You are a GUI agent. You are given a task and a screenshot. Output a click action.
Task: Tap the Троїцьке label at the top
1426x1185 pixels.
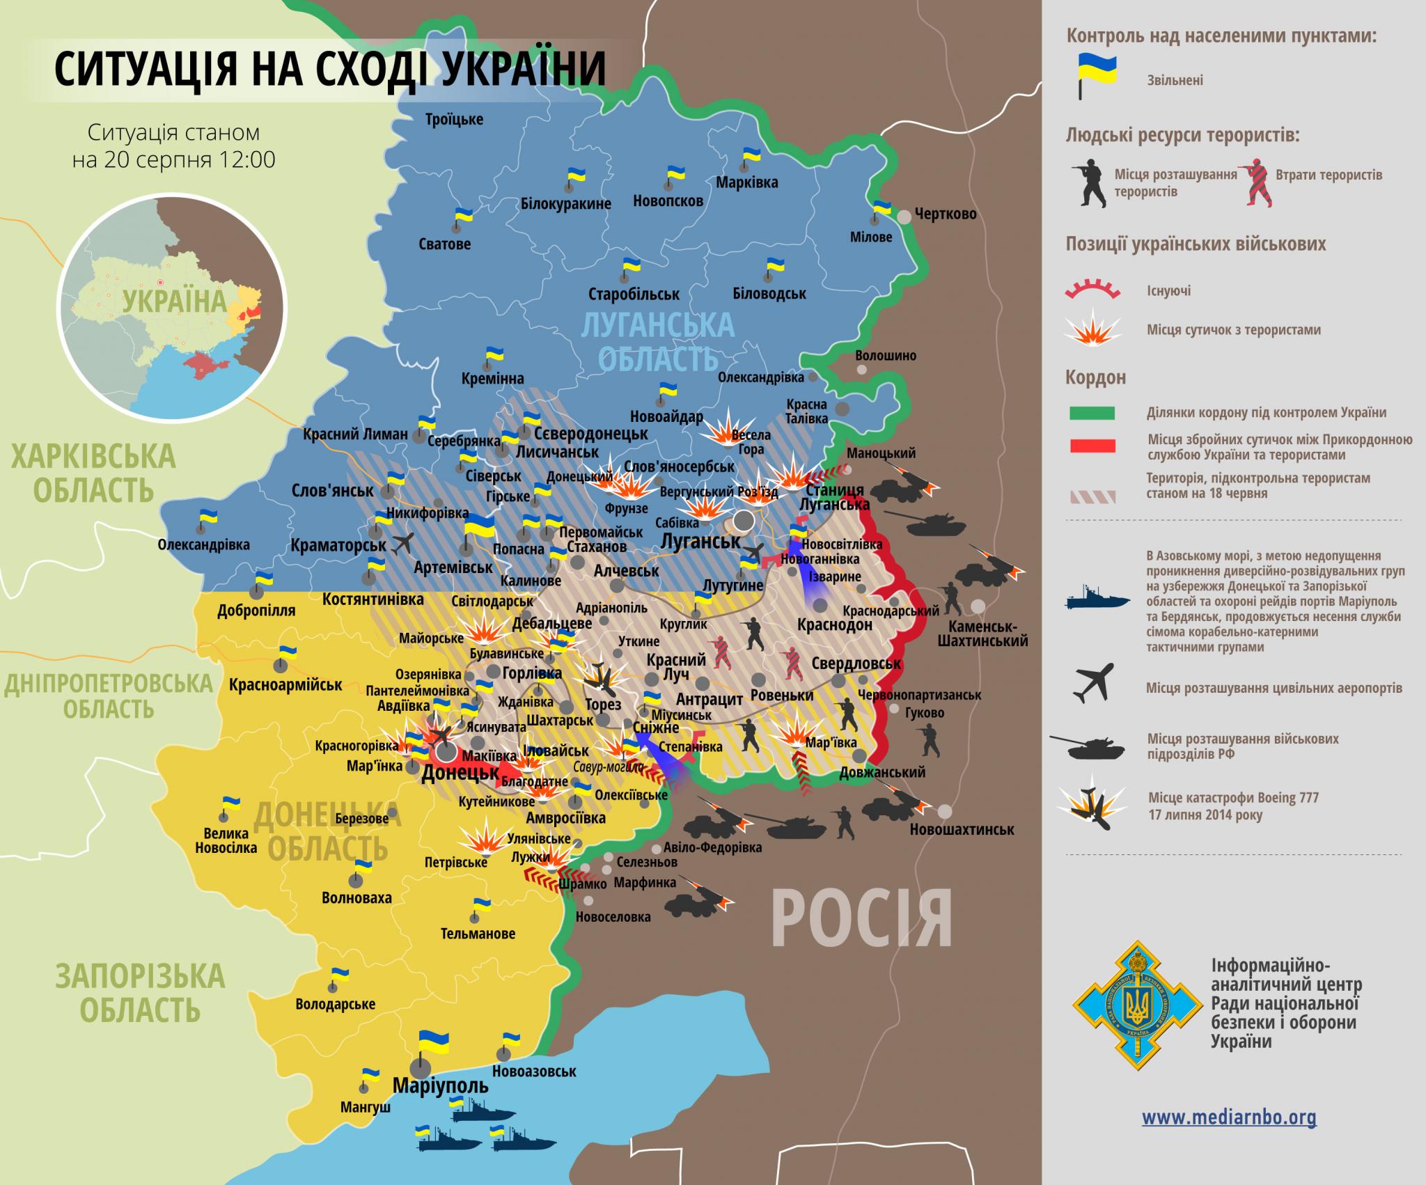tap(454, 119)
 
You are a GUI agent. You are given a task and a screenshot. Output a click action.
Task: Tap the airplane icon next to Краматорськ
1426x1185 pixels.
tap(402, 543)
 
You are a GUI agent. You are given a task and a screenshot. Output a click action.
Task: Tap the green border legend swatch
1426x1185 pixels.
tap(1092, 413)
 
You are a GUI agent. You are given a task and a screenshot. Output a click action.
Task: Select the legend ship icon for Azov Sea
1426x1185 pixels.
tap(1096, 599)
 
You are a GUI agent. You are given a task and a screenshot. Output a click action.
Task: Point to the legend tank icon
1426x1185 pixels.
tap(1088, 747)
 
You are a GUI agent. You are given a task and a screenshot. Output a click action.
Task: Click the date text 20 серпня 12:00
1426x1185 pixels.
tap(174, 160)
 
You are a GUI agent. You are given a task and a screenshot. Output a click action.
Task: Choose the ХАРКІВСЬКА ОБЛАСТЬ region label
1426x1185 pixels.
tap(93, 473)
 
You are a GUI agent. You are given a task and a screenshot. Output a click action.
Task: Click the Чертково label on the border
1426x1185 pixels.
tap(945, 214)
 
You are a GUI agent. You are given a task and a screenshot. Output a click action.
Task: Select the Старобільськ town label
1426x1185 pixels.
tap(634, 294)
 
